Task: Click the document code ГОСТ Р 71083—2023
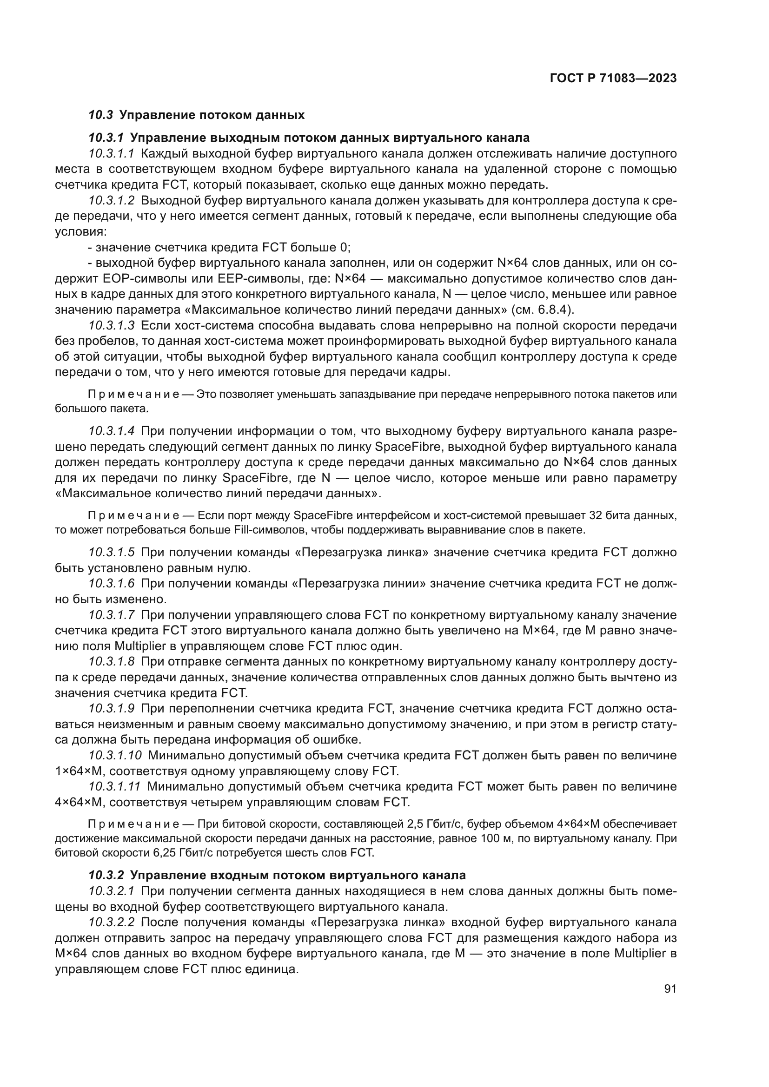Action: point(613,79)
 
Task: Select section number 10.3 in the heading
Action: point(101,115)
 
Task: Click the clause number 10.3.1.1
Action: point(112,153)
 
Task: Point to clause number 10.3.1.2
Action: point(112,201)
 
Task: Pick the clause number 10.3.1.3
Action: point(112,326)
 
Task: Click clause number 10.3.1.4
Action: point(112,431)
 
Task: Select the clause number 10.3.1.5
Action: point(112,553)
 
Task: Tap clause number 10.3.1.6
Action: point(112,584)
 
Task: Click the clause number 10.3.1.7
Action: point(112,615)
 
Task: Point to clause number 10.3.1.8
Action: point(112,662)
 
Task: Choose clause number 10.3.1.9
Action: point(112,709)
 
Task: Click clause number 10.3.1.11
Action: point(114,787)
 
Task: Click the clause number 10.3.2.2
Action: point(112,922)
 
